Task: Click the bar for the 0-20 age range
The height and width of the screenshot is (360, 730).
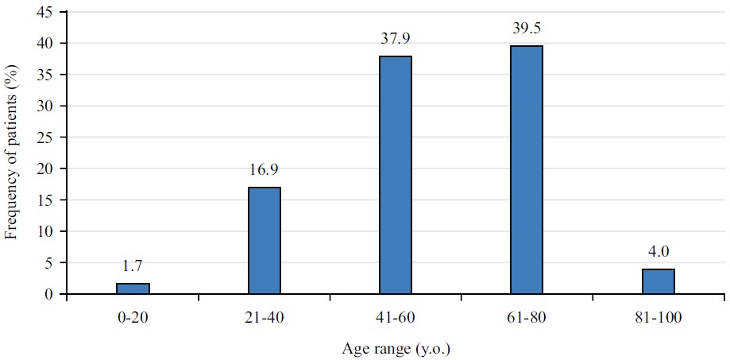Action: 133,288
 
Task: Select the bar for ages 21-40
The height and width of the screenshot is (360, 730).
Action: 264,241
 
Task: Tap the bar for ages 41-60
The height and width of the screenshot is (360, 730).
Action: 396,175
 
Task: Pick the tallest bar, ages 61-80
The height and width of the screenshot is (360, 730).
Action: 527,170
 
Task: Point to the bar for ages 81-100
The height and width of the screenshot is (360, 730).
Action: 659,281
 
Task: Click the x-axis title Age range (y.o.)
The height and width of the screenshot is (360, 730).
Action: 396,348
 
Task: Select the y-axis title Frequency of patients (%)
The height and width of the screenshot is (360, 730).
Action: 12,153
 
